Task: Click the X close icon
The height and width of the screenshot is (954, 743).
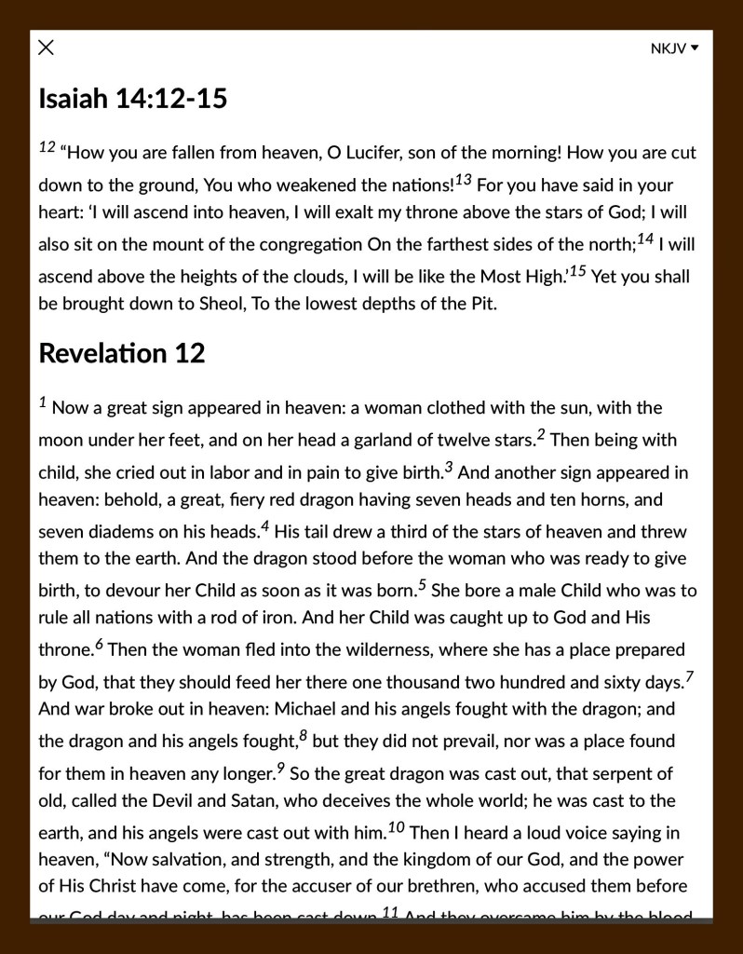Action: tap(46, 48)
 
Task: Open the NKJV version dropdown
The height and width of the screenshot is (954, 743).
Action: tap(674, 48)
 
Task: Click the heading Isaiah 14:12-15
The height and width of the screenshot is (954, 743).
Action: tap(132, 98)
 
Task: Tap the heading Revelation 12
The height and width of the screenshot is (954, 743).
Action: tap(121, 353)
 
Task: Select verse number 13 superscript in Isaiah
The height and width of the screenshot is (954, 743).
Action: tap(464, 179)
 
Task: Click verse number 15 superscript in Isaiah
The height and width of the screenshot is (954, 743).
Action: tap(577, 271)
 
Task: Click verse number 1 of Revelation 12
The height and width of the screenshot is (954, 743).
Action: tap(43, 402)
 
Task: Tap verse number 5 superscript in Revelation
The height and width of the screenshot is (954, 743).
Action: tap(422, 585)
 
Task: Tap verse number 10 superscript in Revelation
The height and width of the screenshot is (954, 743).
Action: tap(395, 826)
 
